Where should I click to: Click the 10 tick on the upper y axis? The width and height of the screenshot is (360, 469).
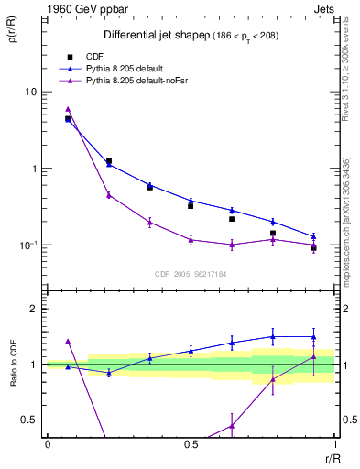(31, 92)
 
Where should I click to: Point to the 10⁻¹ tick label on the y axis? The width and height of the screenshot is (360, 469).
(29, 245)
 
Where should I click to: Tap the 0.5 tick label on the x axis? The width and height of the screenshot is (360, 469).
(191, 445)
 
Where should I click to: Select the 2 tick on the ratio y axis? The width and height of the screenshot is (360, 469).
(33, 309)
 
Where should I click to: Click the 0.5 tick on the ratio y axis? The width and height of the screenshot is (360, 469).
(30, 420)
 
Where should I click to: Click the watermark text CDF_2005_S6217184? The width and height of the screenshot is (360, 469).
(191, 273)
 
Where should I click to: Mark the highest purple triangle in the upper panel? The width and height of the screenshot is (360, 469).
(68, 109)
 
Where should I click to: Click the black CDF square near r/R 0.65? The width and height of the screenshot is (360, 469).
(232, 219)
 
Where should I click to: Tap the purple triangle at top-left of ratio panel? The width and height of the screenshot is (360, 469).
(68, 341)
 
